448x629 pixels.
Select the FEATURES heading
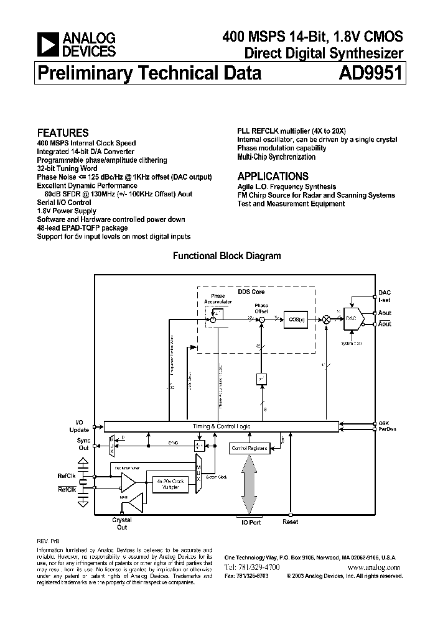click(x=63, y=132)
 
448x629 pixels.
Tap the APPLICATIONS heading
click(x=273, y=176)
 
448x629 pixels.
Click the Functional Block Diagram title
click(x=226, y=255)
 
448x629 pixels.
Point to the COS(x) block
click(x=296, y=319)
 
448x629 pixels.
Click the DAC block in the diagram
click(x=351, y=318)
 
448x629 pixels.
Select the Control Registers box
click(x=249, y=448)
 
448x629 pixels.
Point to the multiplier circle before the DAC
click(x=325, y=319)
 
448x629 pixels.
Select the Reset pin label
click(x=291, y=522)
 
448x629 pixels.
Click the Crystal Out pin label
click(x=122, y=523)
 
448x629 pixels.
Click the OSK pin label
click(x=384, y=422)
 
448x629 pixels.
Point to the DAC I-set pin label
click(x=385, y=295)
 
